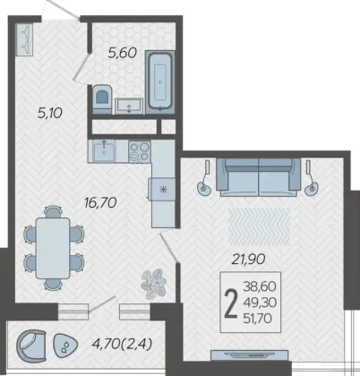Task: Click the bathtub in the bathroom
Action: coord(159,82)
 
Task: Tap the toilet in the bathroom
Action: coord(102,99)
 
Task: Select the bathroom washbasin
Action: coord(129,106)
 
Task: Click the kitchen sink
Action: coord(104,151)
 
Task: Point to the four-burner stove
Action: coord(140,151)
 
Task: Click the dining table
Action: coord(53,248)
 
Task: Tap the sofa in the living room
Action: coord(259,177)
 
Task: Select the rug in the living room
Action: coord(259,226)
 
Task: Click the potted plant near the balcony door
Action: coord(153,284)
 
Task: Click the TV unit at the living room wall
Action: coord(250,355)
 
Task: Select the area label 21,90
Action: coord(248,259)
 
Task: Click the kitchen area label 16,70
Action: coord(100,203)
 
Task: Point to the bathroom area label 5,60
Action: coord(123,53)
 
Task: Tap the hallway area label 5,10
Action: coord(50,113)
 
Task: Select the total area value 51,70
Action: coord(258,319)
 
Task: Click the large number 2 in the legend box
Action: coord(231,303)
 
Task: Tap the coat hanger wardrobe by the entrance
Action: coord(25,39)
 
